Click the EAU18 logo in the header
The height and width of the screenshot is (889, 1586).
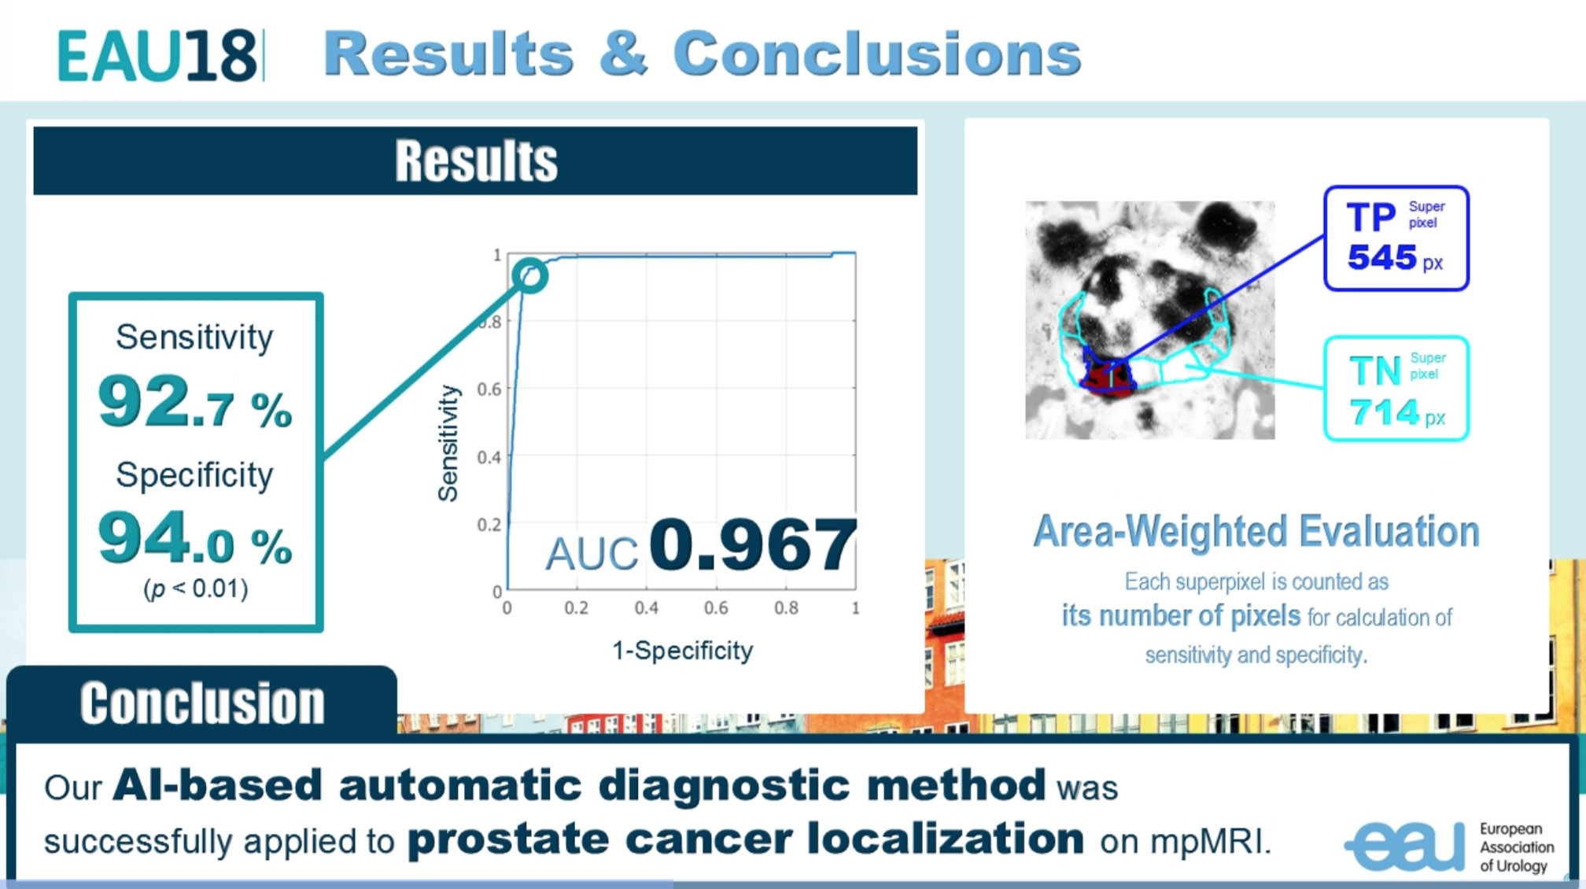(x=157, y=55)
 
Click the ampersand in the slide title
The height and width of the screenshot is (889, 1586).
(x=623, y=53)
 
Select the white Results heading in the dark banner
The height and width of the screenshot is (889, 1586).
(x=476, y=160)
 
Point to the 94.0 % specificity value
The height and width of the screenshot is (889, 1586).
(x=195, y=538)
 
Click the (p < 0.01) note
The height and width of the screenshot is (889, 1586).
(x=196, y=588)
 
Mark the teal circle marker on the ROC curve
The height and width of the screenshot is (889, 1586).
(x=530, y=276)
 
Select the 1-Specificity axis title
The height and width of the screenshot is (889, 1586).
(x=682, y=651)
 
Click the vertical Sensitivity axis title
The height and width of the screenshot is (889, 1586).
(x=448, y=443)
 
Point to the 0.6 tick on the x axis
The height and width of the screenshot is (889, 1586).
(x=716, y=608)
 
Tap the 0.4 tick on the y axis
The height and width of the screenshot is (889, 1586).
(x=489, y=457)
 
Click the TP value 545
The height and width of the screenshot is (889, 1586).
(x=1382, y=257)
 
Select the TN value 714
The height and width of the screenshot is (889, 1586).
(x=1384, y=412)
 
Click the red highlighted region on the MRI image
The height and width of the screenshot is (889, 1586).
(x=1108, y=377)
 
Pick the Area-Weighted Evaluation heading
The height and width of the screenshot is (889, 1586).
(x=1256, y=532)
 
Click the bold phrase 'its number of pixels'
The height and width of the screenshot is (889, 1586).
(x=1182, y=616)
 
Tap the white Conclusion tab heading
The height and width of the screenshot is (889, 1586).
(x=202, y=703)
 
